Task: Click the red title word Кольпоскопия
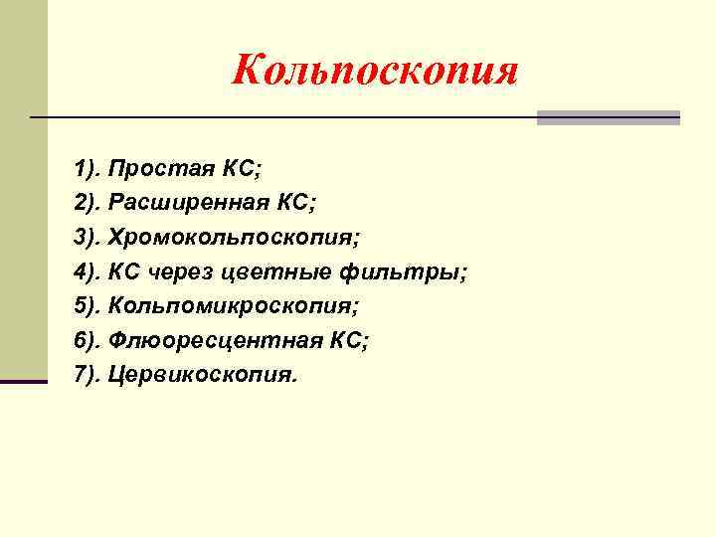[375, 71]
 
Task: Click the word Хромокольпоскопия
[234, 239]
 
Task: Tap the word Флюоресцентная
[215, 341]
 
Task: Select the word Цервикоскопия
[202, 376]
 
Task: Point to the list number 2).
[89, 204]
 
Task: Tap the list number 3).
[89, 239]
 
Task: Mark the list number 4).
[89, 272]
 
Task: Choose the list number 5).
[89, 307]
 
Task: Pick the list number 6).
[89, 341]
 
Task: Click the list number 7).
[89, 376]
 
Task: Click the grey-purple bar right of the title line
[608, 117]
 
